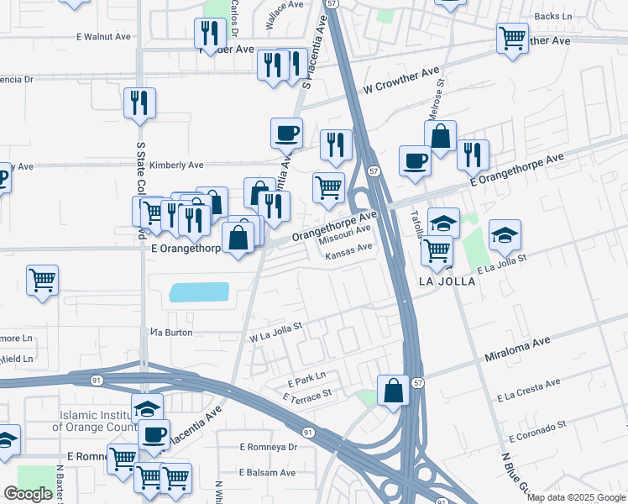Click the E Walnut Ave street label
pyautogui.click(x=103, y=37)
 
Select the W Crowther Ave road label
pyautogui.click(x=402, y=81)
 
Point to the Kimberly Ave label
pyautogui.click(x=177, y=165)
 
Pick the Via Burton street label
pyautogui.click(x=172, y=333)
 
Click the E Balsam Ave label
pyautogui.click(x=267, y=473)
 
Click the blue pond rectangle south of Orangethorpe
pyautogui.click(x=199, y=292)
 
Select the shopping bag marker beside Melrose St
pyautogui.click(x=441, y=136)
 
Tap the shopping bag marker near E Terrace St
pyautogui.click(x=393, y=391)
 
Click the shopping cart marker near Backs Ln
pyautogui.click(x=511, y=38)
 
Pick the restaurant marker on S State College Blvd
pyautogui.click(x=139, y=103)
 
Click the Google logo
pyautogui.click(x=28, y=494)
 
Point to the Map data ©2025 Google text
pyautogui.click(x=577, y=497)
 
